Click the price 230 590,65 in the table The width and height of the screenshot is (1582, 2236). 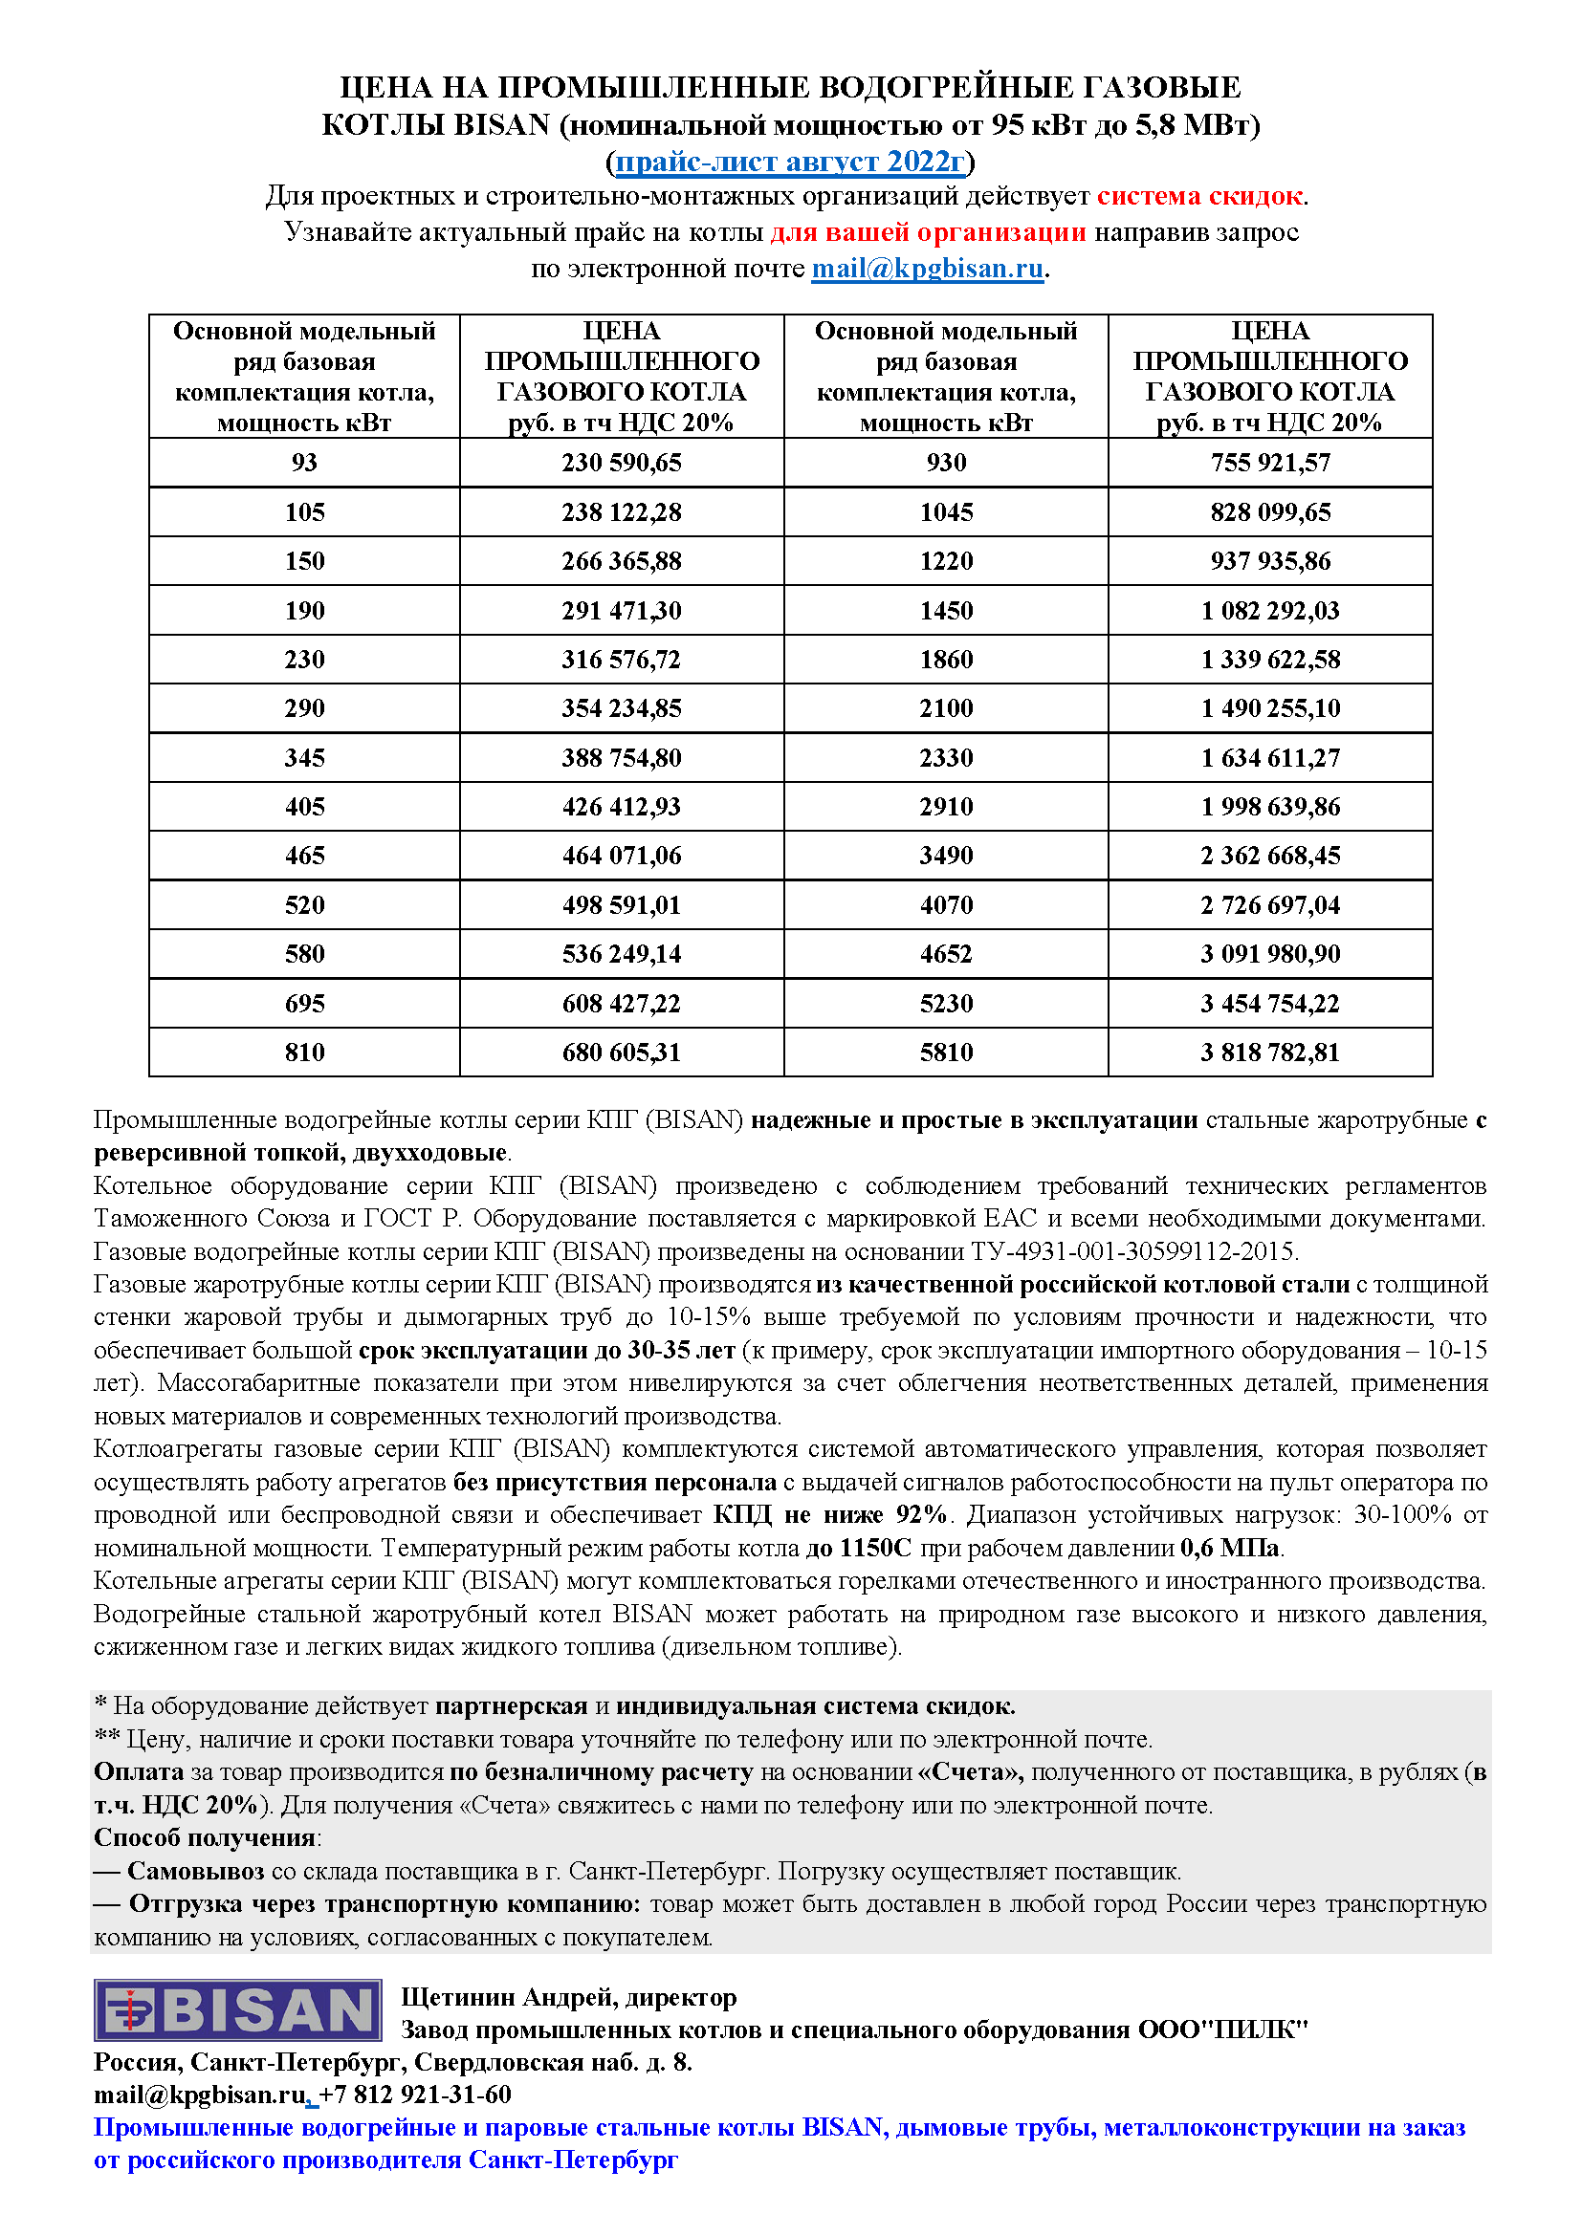(x=622, y=463)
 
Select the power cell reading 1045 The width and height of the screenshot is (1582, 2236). (x=946, y=512)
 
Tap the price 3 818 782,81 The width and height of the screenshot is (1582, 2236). (x=1269, y=1053)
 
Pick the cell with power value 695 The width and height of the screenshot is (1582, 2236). (x=304, y=1003)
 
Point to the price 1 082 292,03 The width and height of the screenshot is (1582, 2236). (x=1269, y=611)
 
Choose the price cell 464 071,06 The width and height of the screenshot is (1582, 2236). (x=622, y=856)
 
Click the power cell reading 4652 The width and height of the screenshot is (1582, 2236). (x=946, y=954)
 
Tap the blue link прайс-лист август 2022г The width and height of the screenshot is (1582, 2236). (x=790, y=162)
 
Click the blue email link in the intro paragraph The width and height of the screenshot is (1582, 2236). (x=928, y=269)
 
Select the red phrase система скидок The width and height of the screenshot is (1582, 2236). (x=1199, y=197)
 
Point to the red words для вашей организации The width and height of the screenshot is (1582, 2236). (x=928, y=232)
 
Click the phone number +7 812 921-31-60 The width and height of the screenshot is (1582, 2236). (x=415, y=2095)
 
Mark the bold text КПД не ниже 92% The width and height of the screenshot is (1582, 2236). (x=830, y=1514)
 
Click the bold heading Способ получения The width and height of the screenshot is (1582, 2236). (x=205, y=1836)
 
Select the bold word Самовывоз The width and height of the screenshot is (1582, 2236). (x=196, y=1871)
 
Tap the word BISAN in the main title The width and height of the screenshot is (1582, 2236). (x=503, y=125)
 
